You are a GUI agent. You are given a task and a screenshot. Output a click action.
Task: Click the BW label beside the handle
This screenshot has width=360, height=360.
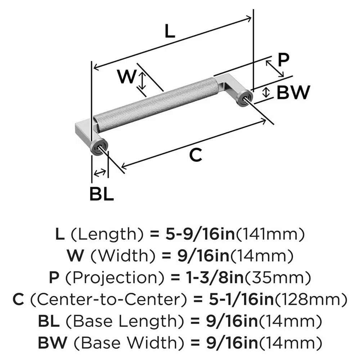coord(293,93)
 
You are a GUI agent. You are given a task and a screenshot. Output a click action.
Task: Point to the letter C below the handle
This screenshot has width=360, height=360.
coord(195,155)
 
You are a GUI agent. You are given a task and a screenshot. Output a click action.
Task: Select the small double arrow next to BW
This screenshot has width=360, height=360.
coord(266,92)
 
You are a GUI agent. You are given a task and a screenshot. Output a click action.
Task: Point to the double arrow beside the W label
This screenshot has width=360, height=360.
coord(143,80)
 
